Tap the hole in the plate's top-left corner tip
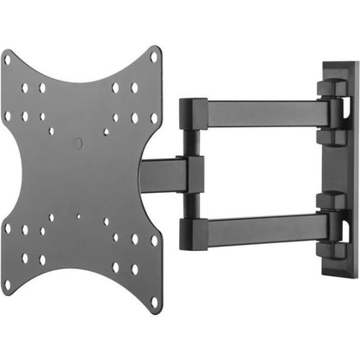click(x=10, y=61)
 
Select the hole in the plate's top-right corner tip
click(x=153, y=59)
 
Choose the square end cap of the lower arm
click(x=190, y=228)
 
